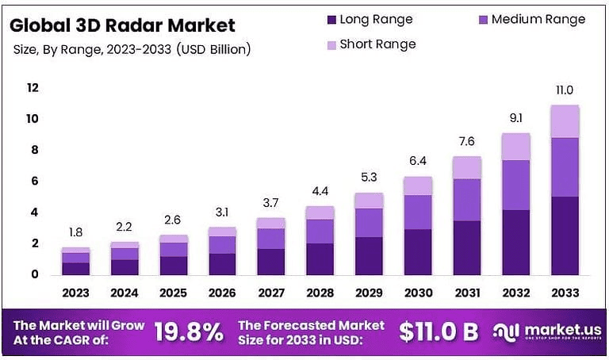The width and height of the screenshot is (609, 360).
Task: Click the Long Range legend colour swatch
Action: point(331,19)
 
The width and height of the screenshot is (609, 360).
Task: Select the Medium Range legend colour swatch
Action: point(483,19)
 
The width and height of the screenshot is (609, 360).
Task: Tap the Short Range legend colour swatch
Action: point(331,44)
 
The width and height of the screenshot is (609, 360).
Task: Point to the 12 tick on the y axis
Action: point(33,88)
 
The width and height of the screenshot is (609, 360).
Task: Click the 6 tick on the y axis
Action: point(33,182)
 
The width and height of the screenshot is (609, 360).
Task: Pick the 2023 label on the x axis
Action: point(75,293)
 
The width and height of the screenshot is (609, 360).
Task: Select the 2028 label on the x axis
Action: point(320,293)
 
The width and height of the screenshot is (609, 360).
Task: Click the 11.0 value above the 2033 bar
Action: point(565,90)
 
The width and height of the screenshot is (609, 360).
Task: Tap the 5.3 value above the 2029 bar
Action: point(369,177)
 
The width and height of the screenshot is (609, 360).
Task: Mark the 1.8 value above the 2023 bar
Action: point(75,232)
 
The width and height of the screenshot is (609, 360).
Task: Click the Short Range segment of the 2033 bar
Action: point(565,121)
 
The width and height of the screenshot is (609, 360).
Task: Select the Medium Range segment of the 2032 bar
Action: point(515,185)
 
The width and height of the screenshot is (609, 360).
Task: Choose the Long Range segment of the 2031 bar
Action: point(466,247)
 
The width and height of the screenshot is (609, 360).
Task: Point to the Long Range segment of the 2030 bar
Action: point(418,251)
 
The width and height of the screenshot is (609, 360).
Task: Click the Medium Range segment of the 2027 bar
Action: point(271,238)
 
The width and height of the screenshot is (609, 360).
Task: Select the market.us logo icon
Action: point(504,332)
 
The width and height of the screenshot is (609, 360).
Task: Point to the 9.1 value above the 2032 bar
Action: point(515,118)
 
